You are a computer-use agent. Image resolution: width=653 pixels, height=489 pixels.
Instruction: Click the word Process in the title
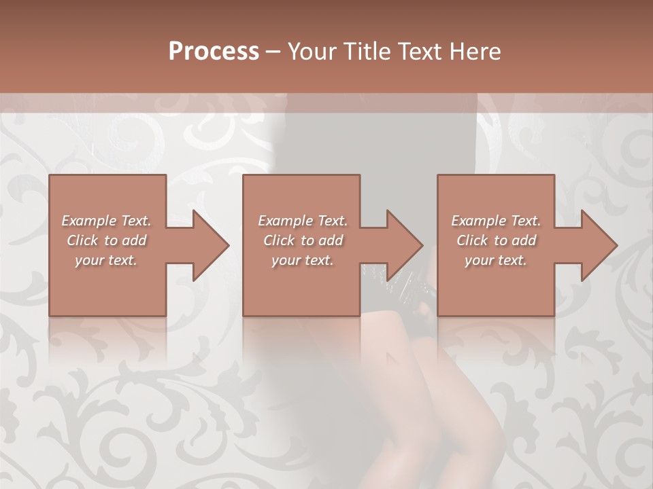(214, 52)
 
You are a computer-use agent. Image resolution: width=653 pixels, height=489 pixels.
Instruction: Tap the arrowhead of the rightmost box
(598, 245)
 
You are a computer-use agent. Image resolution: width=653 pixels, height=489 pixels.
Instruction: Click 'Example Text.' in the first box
(106, 221)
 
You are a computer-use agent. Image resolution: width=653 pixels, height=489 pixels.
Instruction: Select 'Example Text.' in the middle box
(302, 221)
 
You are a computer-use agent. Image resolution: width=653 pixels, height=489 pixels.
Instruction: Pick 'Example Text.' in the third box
(496, 221)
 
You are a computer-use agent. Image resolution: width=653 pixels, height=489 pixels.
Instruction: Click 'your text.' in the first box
(106, 260)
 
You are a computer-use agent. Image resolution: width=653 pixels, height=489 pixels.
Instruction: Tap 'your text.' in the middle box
(302, 260)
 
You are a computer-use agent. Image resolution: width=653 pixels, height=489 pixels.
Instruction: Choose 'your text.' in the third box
(496, 260)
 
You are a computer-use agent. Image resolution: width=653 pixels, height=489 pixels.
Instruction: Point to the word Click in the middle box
(279, 240)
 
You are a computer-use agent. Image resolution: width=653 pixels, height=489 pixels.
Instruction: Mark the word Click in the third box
(472, 240)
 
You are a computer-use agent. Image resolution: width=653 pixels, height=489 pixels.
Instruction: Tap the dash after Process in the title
(273, 52)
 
